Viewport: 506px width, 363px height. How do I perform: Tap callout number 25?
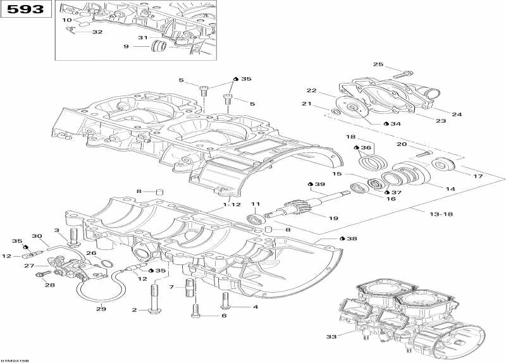point(378,65)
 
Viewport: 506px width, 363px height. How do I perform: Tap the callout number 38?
point(352,239)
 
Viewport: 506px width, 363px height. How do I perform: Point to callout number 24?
point(456,114)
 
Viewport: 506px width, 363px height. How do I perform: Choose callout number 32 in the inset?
point(97,32)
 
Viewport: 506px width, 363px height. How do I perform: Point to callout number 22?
point(312,90)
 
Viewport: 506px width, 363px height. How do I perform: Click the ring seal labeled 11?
point(255,219)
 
